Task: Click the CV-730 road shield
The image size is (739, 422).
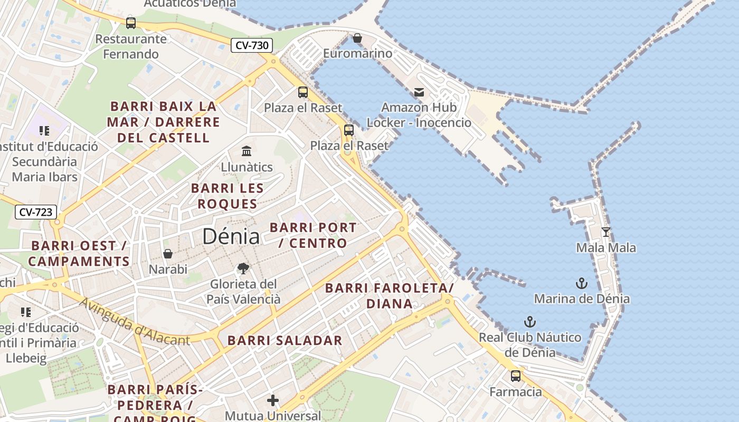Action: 252,45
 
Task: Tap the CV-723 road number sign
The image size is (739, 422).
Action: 35,212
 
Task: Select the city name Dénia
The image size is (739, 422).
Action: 231,236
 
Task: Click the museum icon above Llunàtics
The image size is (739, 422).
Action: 247,151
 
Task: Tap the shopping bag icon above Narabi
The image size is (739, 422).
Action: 168,254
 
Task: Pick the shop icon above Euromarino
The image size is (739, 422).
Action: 357,38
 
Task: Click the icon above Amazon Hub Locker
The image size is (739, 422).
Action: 419,92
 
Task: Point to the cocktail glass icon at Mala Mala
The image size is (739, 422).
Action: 606,232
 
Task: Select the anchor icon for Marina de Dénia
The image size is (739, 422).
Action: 581,283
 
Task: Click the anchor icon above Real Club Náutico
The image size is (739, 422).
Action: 529,322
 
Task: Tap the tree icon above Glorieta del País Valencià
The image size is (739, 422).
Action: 243,268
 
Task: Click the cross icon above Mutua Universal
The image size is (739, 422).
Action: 273,400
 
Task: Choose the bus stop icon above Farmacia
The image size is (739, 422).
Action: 516,376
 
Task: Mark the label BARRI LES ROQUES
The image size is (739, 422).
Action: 227,196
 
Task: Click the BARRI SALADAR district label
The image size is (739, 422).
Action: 285,340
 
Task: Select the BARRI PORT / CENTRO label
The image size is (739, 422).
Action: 313,235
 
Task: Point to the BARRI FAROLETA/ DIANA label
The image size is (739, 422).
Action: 390,295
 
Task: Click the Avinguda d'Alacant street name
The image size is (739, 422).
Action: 135,321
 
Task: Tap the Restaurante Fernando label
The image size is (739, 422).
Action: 131,46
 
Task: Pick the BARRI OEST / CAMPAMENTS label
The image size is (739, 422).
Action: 79,253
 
